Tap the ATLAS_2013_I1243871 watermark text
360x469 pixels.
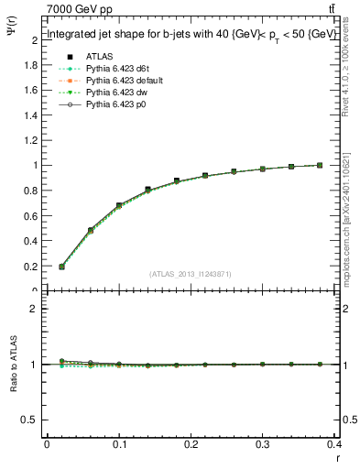coord(191,274)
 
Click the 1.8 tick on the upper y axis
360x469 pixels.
coord(33,66)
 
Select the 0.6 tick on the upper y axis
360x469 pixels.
coord(33,216)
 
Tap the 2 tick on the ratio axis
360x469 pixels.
coord(35,309)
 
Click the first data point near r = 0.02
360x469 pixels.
coord(61,267)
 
